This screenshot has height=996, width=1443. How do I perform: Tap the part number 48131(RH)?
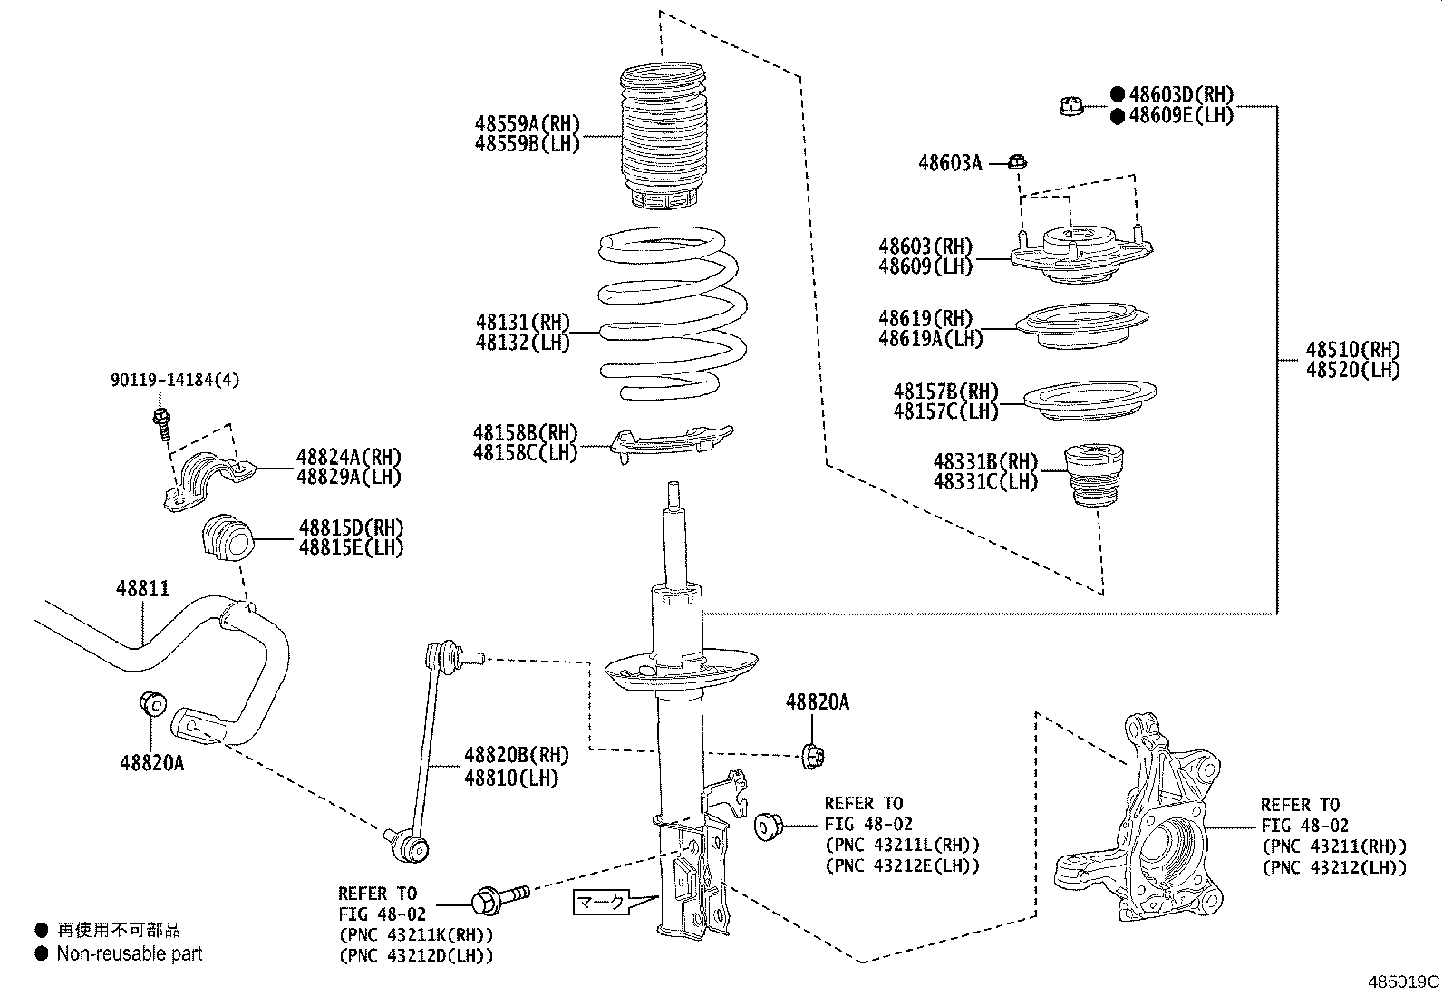coord(522,322)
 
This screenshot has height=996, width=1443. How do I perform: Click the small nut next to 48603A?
coord(1017,163)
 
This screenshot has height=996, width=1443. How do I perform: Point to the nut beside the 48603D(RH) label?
coord(1070,106)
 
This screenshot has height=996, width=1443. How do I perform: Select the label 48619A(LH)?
coord(930,339)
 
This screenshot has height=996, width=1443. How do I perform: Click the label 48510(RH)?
coord(1352,350)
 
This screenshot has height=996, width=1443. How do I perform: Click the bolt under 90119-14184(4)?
coord(162,423)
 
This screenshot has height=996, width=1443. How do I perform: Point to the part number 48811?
coord(142,589)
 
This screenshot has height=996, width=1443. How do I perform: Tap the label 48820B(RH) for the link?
coord(517,755)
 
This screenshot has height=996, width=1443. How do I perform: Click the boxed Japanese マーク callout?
coord(601,903)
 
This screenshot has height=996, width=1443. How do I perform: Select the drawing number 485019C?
coord(1403,981)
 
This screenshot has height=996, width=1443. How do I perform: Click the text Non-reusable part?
coord(130,953)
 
